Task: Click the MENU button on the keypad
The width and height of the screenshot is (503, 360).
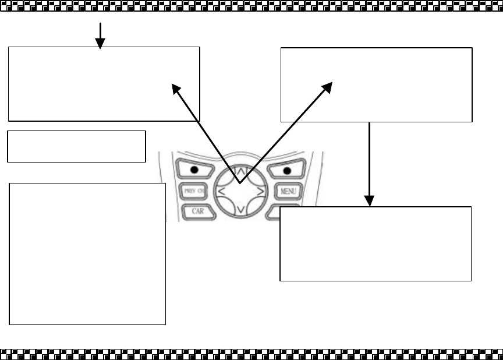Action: (x=288, y=190)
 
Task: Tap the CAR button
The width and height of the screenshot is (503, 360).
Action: (x=197, y=211)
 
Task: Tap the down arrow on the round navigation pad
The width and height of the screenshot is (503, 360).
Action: (x=240, y=209)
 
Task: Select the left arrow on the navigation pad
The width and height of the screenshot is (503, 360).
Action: (x=221, y=190)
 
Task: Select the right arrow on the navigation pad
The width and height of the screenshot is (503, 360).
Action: (x=260, y=190)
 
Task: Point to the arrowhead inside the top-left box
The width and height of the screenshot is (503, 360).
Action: (x=175, y=87)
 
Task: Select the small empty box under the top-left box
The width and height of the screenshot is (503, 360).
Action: (x=76, y=146)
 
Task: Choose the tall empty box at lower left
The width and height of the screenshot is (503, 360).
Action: (x=87, y=253)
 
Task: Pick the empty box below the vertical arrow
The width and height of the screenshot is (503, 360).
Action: (x=375, y=243)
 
